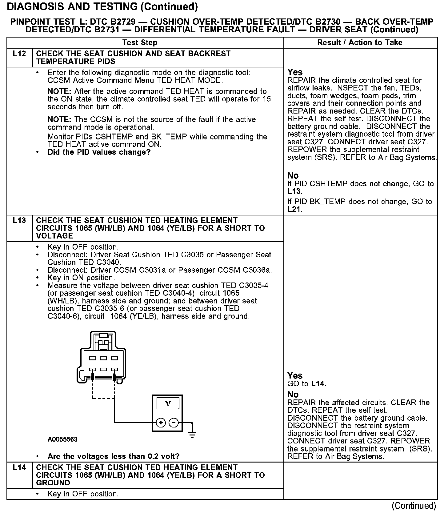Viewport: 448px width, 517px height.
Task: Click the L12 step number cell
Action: click(x=19, y=54)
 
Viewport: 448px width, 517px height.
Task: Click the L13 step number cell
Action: click(x=19, y=221)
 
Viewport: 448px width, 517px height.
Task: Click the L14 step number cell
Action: click(x=19, y=467)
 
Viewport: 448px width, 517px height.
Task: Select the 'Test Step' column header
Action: click(x=140, y=43)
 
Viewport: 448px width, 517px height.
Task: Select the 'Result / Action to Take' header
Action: click(x=360, y=43)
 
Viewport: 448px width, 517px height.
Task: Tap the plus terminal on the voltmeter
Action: click(x=161, y=423)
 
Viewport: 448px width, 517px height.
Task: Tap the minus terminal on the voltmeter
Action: click(x=174, y=423)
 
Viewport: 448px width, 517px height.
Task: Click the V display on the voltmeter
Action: click(x=168, y=403)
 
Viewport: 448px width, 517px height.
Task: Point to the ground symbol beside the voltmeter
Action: click(x=192, y=435)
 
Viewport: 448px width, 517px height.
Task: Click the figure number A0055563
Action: click(x=62, y=439)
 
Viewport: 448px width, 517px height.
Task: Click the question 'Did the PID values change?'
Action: click(x=99, y=152)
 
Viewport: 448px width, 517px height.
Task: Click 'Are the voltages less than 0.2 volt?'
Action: click(x=113, y=456)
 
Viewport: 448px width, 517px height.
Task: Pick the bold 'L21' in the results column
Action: click(x=294, y=210)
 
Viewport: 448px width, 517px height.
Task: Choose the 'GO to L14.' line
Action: click(x=306, y=384)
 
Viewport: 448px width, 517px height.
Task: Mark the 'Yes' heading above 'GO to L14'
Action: click(x=295, y=376)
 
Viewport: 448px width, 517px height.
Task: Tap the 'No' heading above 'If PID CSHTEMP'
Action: click(x=293, y=176)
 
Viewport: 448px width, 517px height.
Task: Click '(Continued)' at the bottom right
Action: click(x=414, y=506)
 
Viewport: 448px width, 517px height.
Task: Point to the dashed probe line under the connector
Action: click(x=103, y=399)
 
